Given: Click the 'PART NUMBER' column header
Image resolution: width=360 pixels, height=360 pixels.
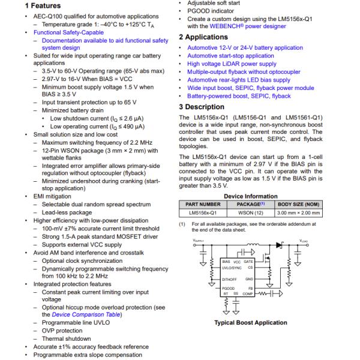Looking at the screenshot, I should point(203,204).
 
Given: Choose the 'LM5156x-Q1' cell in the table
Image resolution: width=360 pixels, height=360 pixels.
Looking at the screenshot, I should point(203,212).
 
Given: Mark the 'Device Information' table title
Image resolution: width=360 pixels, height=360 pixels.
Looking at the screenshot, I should point(251,196).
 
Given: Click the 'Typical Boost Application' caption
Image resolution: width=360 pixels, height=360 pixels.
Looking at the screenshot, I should point(251,323).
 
